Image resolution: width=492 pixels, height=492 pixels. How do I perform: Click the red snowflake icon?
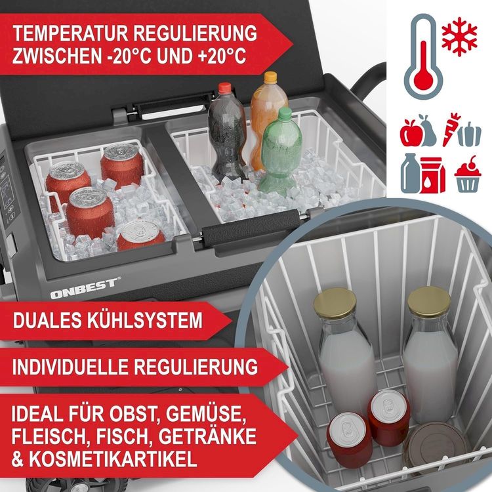click(459, 37)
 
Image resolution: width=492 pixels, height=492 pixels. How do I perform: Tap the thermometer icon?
click(423, 56)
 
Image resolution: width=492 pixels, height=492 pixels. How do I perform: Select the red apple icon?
click(408, 133)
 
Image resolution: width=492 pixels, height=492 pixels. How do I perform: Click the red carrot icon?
click(450, 130)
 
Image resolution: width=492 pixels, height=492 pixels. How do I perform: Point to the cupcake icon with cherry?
click(468, 174)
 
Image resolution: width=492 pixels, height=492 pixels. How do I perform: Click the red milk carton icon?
click(433, 175)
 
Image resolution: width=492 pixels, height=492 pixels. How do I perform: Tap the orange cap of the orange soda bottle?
click(270, 77)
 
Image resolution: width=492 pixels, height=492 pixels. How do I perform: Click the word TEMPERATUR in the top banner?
click(71, 33)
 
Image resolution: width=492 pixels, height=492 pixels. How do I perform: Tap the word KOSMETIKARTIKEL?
click(113, 459)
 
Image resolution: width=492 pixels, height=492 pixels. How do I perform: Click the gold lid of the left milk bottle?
click(335, 303)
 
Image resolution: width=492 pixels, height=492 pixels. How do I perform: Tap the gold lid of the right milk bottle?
click(429, 300)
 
